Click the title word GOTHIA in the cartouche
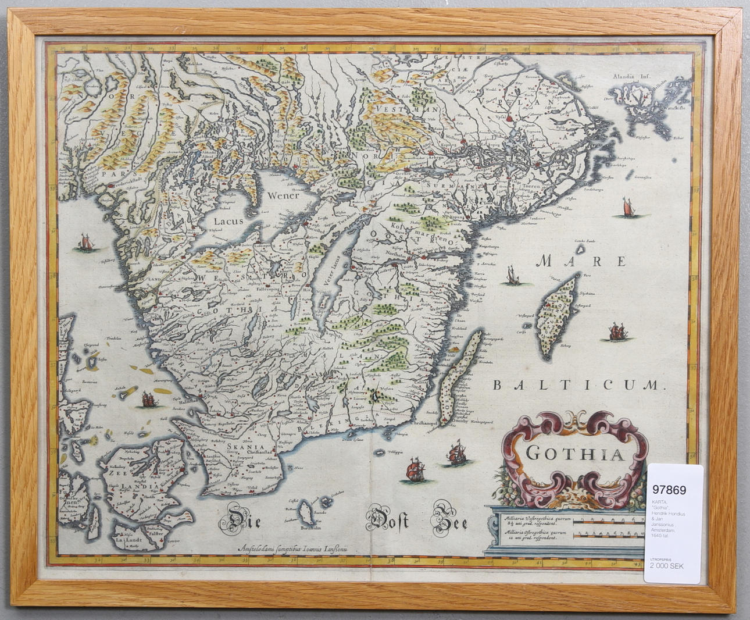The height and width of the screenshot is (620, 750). coord(575,452)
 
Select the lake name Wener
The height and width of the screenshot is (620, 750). coord(284,195)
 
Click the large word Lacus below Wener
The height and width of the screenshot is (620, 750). coord(228,221)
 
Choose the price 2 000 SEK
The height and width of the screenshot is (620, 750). coord(667,566)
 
